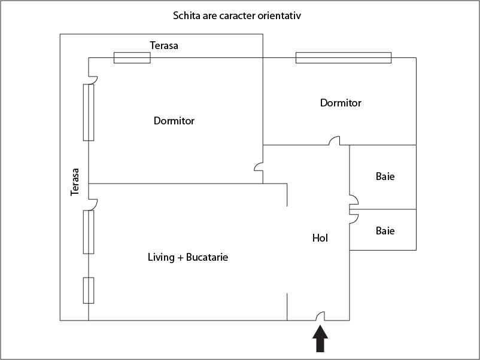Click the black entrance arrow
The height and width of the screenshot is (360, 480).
[x=321, y=339]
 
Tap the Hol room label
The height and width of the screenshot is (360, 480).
[x=320, y=238]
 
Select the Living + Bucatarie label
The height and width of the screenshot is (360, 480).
[x=188, y=258]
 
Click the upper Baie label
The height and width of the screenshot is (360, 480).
[x=385, y=176]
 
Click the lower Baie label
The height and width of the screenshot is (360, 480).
[x=385, y=230]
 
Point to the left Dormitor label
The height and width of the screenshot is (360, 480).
[x=174, y=121]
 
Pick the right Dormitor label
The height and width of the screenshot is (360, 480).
[x=341, y=103]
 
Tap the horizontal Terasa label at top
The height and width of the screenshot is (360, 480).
[x=164, y=45]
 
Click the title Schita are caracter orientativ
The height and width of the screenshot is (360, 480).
[x=237, y=16]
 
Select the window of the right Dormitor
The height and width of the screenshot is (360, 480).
[x=344, y=57]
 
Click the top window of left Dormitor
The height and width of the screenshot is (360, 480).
[x=132, y=57]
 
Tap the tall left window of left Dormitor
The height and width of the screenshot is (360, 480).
[x=89, y=112]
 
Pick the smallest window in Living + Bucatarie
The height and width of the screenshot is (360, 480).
[x=89, y=291]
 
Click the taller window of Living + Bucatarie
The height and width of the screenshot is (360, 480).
[x=89, y=232]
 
